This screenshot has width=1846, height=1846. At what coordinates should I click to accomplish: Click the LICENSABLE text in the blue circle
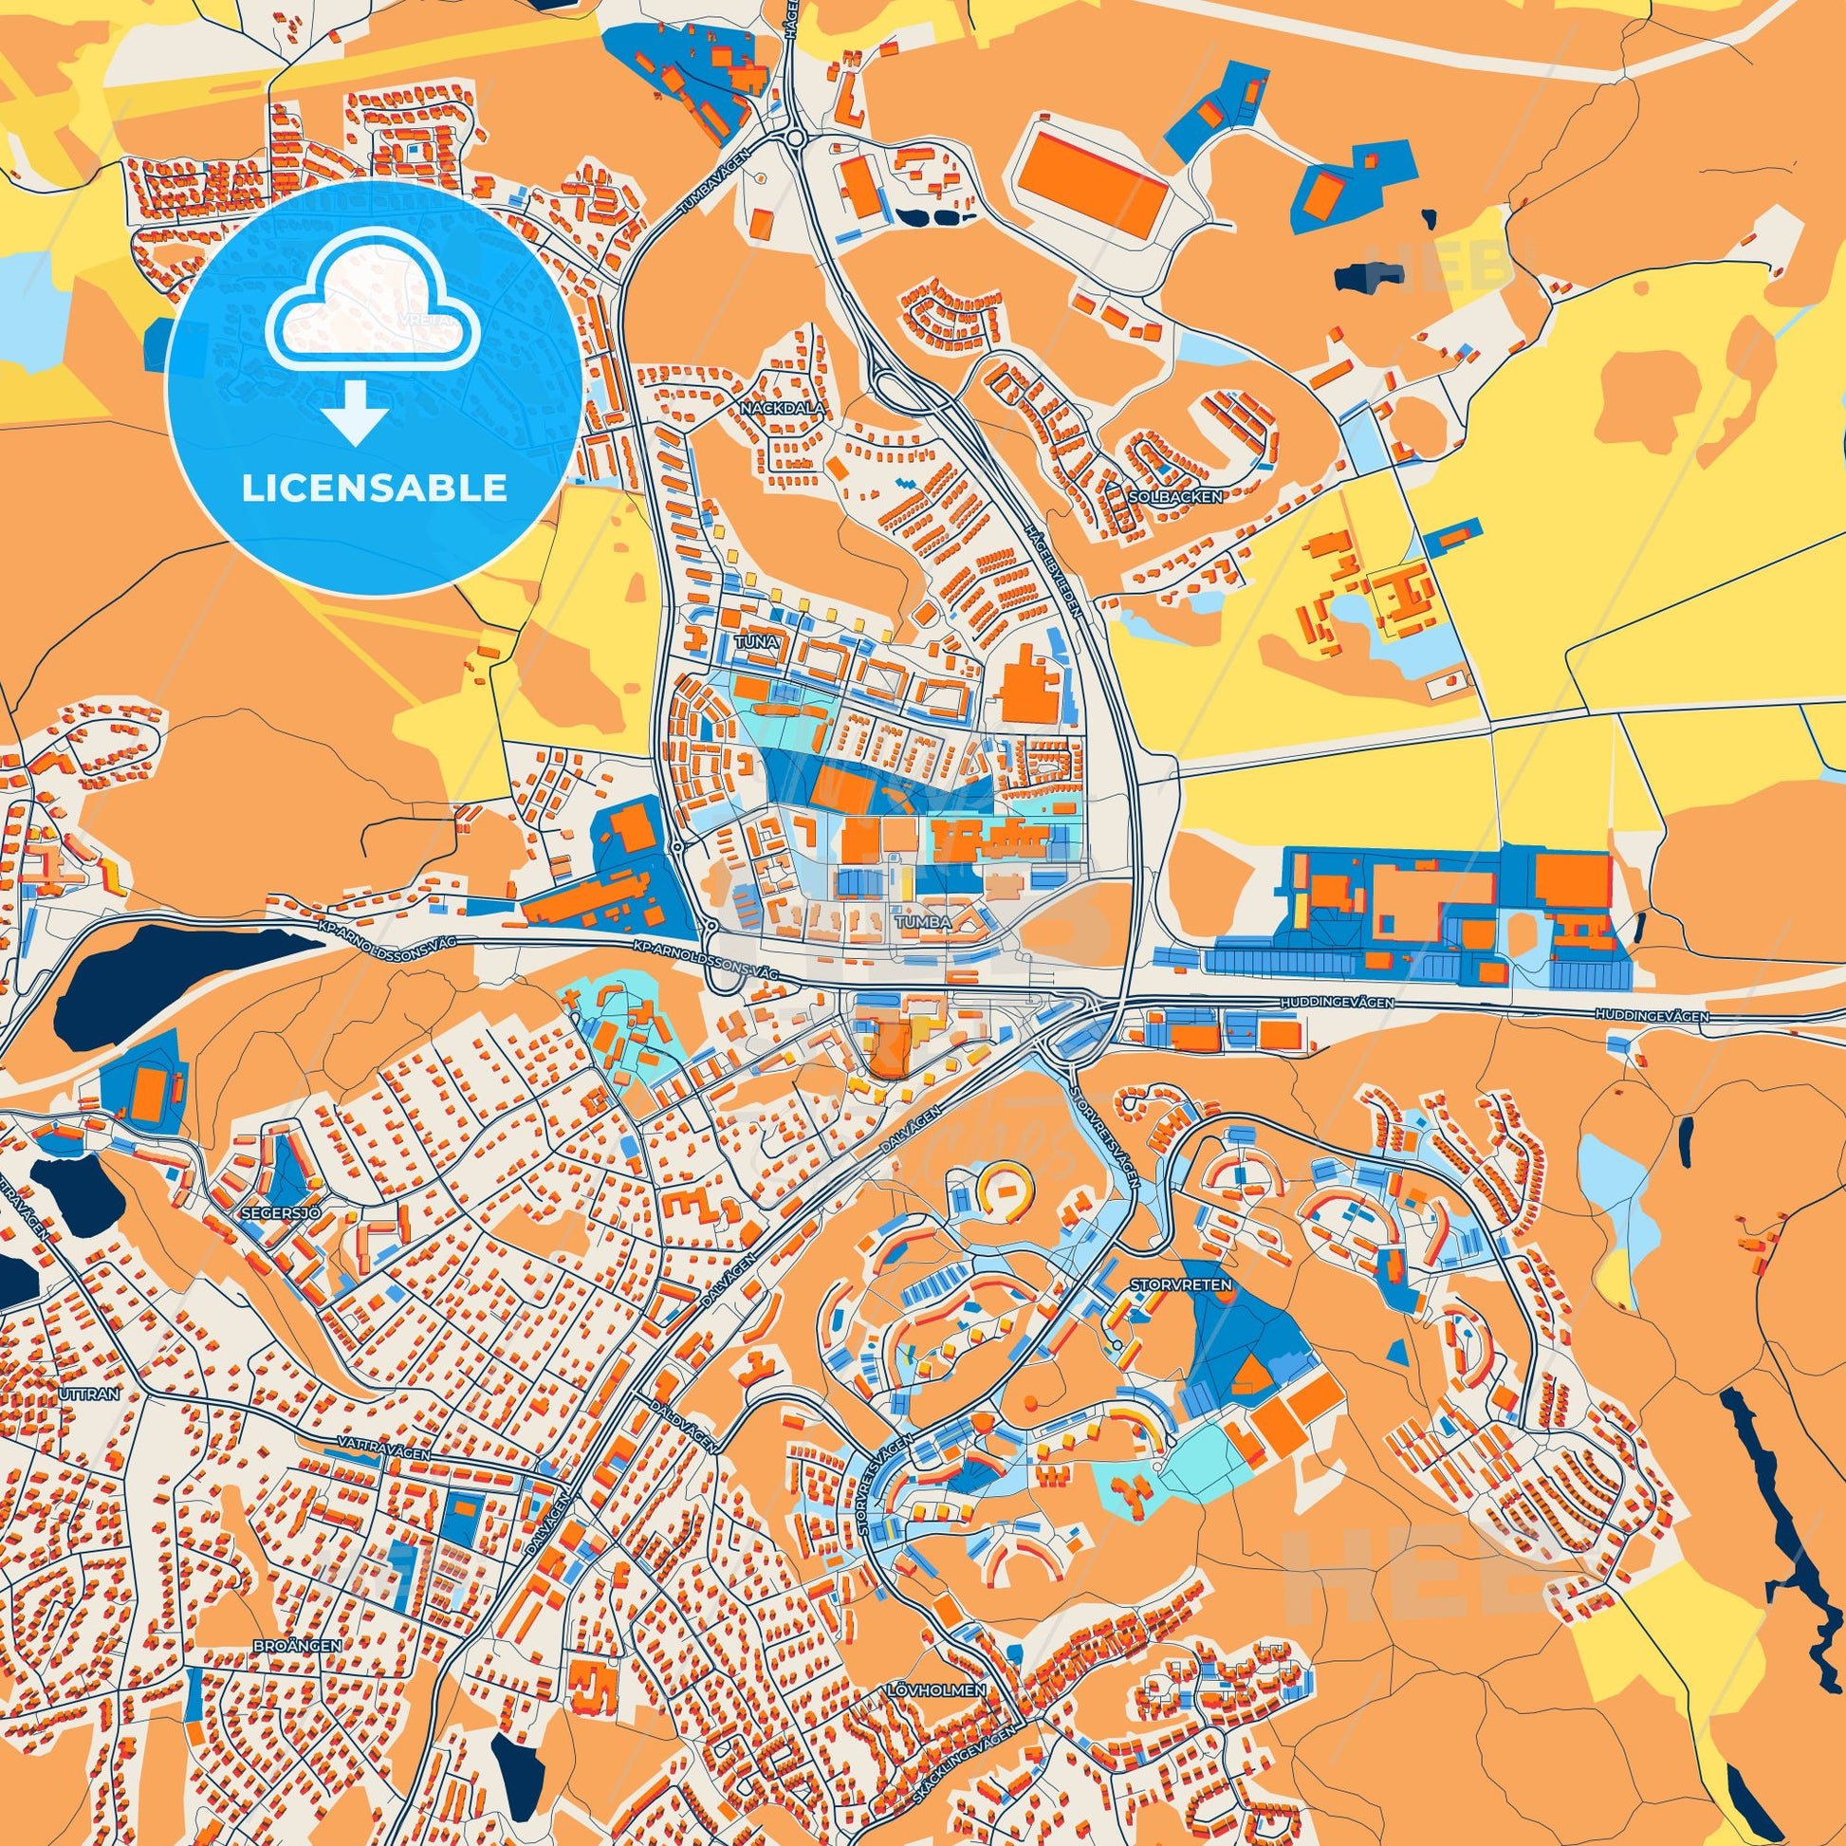(374, 489)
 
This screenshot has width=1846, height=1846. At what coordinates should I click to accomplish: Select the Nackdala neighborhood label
(781, 407)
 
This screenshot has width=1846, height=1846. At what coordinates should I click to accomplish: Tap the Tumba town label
(924, 921)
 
